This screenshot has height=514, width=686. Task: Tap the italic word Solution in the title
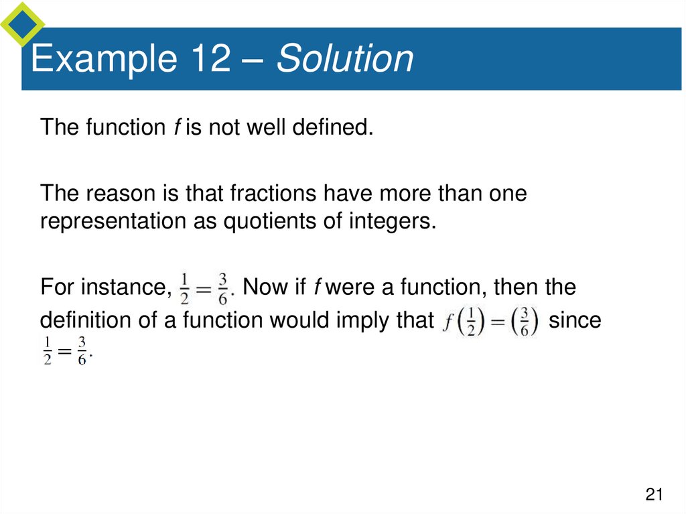(x=346, y=59)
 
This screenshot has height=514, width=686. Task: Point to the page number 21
(x=654, y=495)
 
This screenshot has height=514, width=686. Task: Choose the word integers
(x=396, y=221)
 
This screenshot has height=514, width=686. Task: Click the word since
(x=575, y=321)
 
